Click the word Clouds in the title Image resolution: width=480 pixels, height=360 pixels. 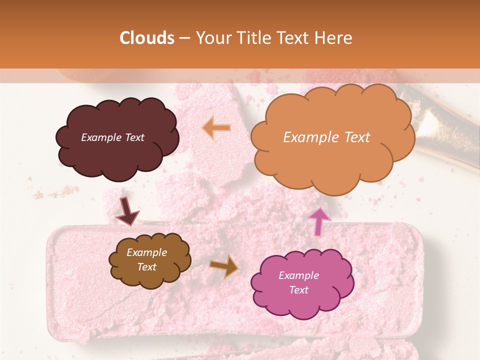pyautogui.click(x=147, y=38)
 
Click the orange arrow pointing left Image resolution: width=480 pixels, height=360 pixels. pyautogui.click(x=216, y=128)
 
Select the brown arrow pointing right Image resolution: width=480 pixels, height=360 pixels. pyautogui.click(x=223, y=266)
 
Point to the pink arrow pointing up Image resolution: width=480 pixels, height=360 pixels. pyautogui.click(x=319, y=221)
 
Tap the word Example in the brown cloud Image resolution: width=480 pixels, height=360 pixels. pyautogui.click(x=146, y=252)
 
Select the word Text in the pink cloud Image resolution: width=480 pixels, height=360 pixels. pyautogui.click(x=298, y=290)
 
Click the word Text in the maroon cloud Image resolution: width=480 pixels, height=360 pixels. pyautogui.click(x=133, y=137)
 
